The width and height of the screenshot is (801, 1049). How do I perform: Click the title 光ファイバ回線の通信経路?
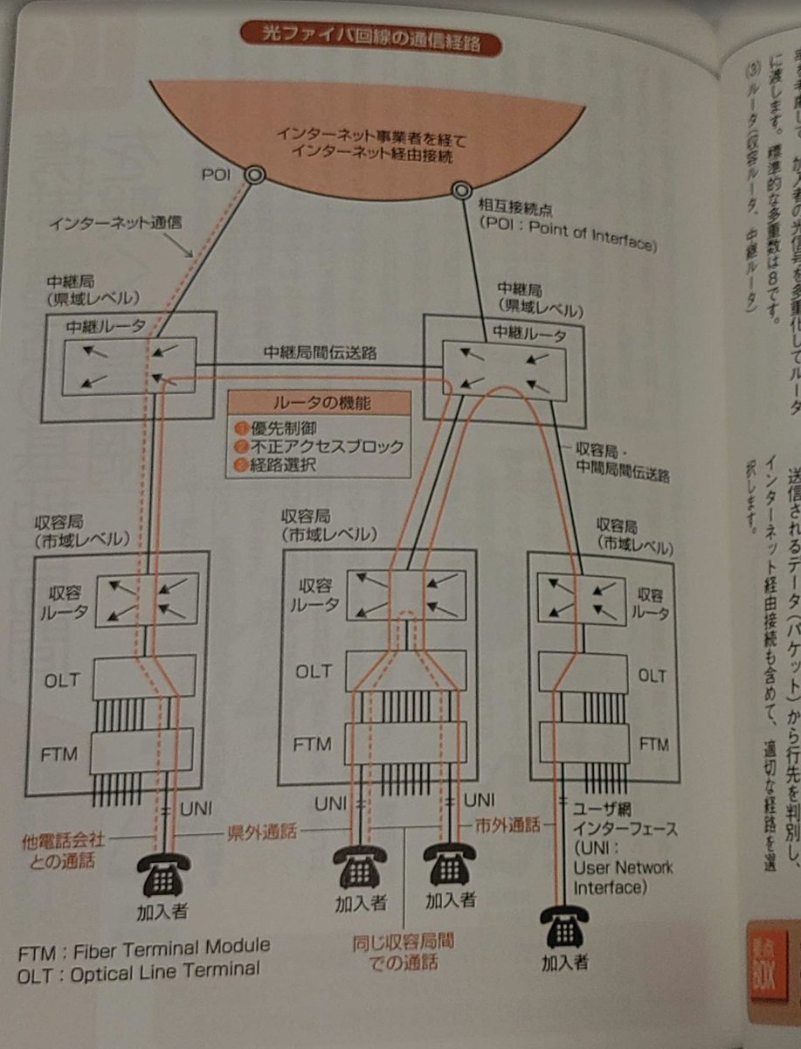coord(372,39)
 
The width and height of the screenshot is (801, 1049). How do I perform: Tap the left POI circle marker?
coord(254,175)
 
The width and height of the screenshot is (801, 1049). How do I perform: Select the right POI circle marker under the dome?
coord(461,190)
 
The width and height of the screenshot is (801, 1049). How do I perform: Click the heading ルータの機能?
coord(320,404)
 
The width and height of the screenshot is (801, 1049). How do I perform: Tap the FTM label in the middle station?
coord(313,745)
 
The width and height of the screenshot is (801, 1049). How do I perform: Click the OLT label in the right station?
coord(651,676)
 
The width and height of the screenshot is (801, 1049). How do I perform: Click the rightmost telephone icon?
coord(564,927)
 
